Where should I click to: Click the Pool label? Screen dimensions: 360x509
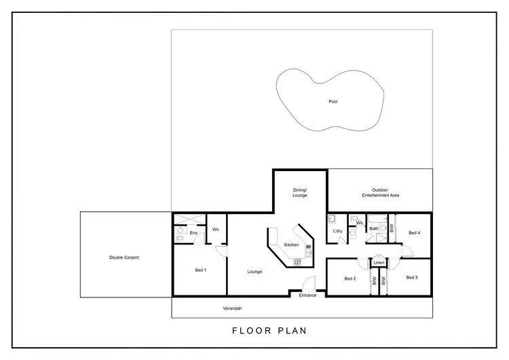pos(333,102)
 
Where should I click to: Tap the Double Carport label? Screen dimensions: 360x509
pos(124,257)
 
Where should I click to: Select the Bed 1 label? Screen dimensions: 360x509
pos(200,270)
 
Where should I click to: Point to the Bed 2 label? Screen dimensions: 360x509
pos(350,278)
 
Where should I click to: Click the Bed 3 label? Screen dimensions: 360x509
pos(413,277)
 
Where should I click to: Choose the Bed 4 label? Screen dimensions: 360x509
pos(415,233)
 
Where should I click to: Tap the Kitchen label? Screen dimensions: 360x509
pos(291,245)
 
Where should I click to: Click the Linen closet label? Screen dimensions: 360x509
pos(379,263)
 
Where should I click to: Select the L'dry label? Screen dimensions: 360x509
pos(337,232)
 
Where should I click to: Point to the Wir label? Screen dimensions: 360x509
pos(215,230)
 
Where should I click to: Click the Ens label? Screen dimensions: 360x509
pos(193,233)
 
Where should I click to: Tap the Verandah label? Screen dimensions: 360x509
pos(233,308)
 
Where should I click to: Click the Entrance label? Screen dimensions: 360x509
pos(307,295)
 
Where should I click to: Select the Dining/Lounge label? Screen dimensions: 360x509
pos(300,192)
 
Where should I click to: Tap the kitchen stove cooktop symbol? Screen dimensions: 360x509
pos(297,262)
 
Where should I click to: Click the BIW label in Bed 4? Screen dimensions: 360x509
pos(392,229)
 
